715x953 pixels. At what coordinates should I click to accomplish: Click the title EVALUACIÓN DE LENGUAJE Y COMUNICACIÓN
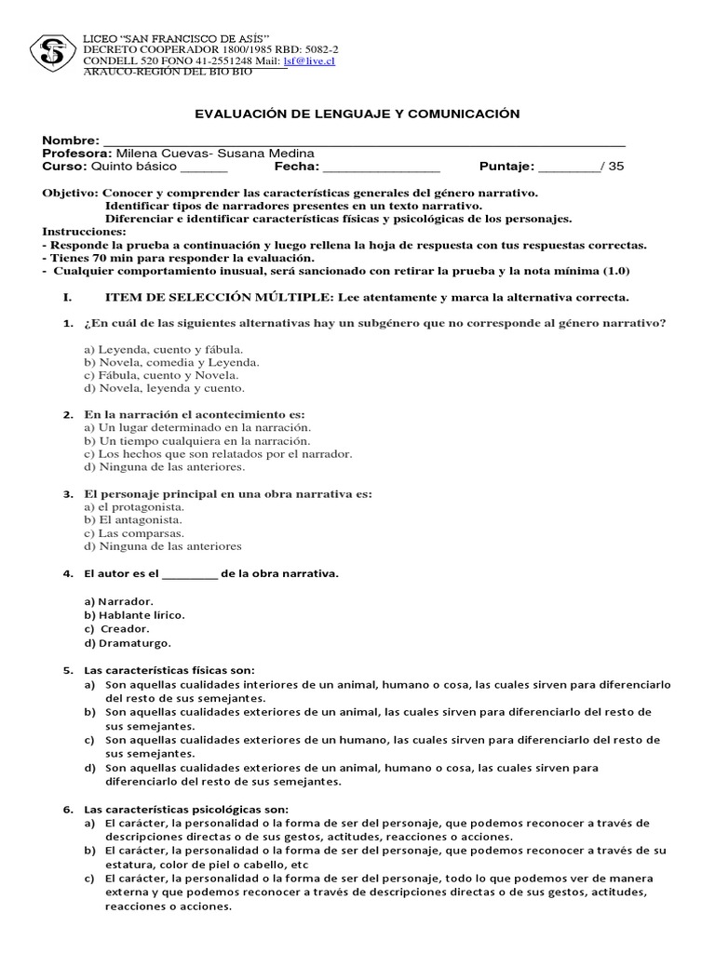[x=357, y=114]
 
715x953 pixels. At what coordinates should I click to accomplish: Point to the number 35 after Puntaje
[x=615, y=167]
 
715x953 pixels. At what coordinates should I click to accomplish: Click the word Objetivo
[x=69, y=193]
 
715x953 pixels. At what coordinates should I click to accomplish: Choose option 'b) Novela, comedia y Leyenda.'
[x=172, y=362]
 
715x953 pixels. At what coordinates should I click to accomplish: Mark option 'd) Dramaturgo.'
[x=128, y=642]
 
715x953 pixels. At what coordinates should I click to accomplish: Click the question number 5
[x=67, y=670]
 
